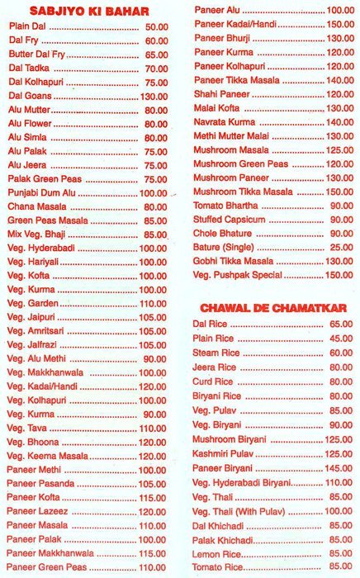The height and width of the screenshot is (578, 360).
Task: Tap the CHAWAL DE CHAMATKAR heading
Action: pyautogui.click(x=272, y=308)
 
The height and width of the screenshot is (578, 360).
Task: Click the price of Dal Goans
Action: pyautogui.click(x=154, y=97)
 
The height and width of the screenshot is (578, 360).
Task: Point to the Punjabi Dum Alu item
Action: pyautogui.click(x=41, y=192)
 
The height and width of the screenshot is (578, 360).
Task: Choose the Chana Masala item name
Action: pyautogui.click(x=37, y=206)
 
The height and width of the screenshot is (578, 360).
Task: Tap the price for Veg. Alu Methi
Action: pyautogui.click(x=154, y=359)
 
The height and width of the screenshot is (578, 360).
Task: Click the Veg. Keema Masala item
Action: pyautogui.click(x=47, y=456)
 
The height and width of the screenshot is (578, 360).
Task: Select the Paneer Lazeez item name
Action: pyautogui.click(x=40, y=511)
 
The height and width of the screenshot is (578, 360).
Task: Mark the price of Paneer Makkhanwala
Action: pyautogui.click(x=152, y=553)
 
